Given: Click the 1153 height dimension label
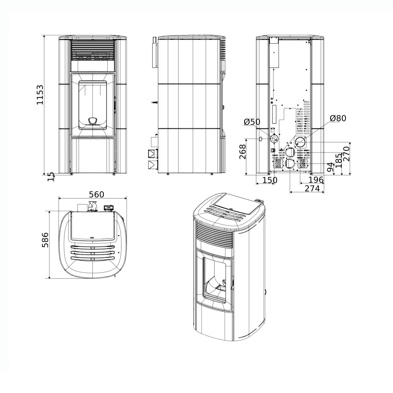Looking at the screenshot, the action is (x=40, y=95).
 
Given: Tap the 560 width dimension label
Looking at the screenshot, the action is (x=97, y=194).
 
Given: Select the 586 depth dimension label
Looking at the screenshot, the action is (x=45, y=240).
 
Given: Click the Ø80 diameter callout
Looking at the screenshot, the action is (x=338, y=118).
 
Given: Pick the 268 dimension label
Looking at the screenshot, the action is (x=242, y=152).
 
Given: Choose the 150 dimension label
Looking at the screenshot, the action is (x=270, y=180).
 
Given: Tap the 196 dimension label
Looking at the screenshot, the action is (x=316, y=180).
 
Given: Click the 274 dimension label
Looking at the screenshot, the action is (x=312, y=188).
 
